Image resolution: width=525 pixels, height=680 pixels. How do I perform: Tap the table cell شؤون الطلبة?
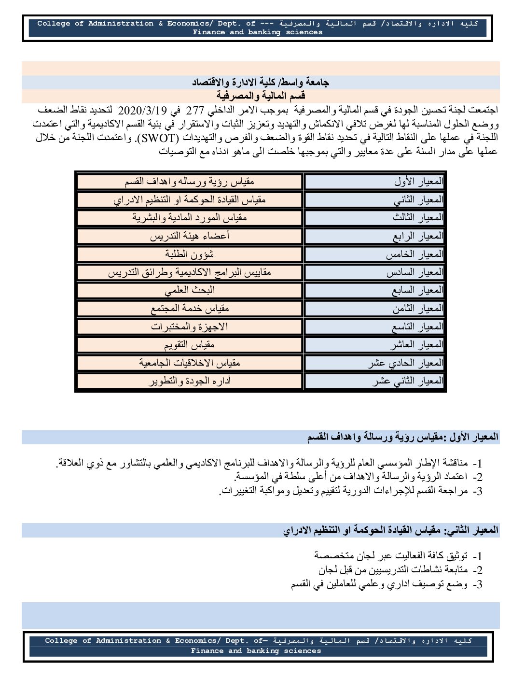pyautogui.click(x=190, y=254)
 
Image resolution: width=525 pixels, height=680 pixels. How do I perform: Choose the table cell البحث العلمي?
pyautogui.click(x=190, y=290)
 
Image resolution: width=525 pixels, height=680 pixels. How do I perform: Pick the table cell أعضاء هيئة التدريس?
pyautogui.click(x=190, y=236)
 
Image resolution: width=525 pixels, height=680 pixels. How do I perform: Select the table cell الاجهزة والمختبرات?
pyautogui.click(x=190, y=326)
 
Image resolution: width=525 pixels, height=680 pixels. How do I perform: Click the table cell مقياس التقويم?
pyautogui.click(x=190, y=345)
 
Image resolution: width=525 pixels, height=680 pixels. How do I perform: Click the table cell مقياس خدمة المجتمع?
pyautogui.click(x=190, y=308)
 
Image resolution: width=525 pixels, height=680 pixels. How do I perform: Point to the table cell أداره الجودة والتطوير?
pyautogui.click(x=190, y=381)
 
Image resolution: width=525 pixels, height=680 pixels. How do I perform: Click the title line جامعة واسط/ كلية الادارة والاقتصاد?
pyautogui.click(x=261, y=83)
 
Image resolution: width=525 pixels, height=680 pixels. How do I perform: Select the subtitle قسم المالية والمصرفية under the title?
pyautogui.click(x=261, y=96)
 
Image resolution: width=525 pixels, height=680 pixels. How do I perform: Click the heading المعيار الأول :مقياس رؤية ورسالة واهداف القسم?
pyautogui.click(x=403, y=438)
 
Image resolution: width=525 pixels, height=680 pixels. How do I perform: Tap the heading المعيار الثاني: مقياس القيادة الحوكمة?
pyautogui.click(x=391, y=530)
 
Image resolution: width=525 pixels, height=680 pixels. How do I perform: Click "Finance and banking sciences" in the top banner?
pyautogui.click(x=258, y=32)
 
